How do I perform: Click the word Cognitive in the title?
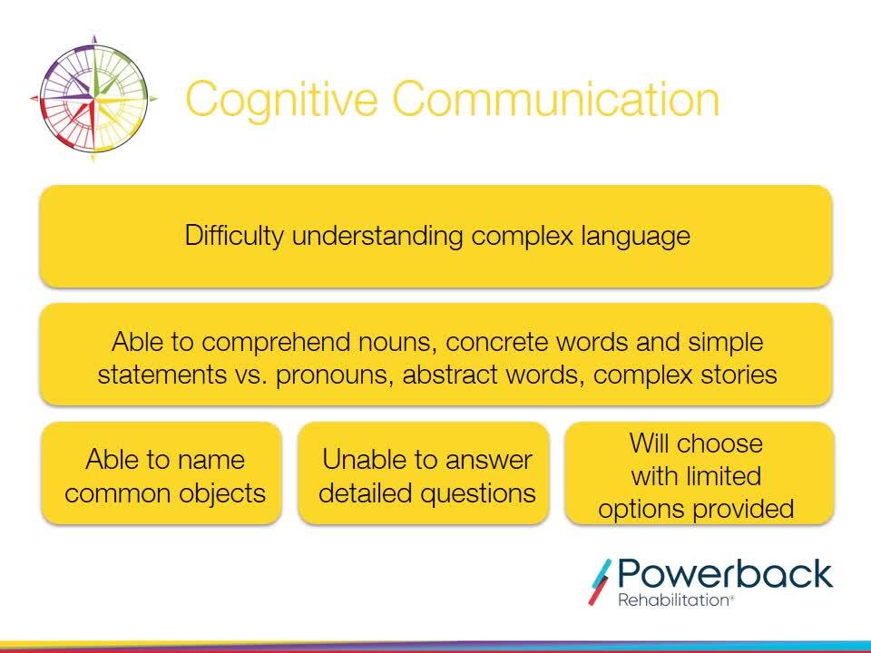tap(281, 100)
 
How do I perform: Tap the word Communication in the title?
tap(556, 98)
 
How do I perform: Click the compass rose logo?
tap(93, 99)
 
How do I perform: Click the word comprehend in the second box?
tap(276, 343)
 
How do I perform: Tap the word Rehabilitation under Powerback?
tap(672, 600)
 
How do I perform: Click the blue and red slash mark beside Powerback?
tap(600, 582)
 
